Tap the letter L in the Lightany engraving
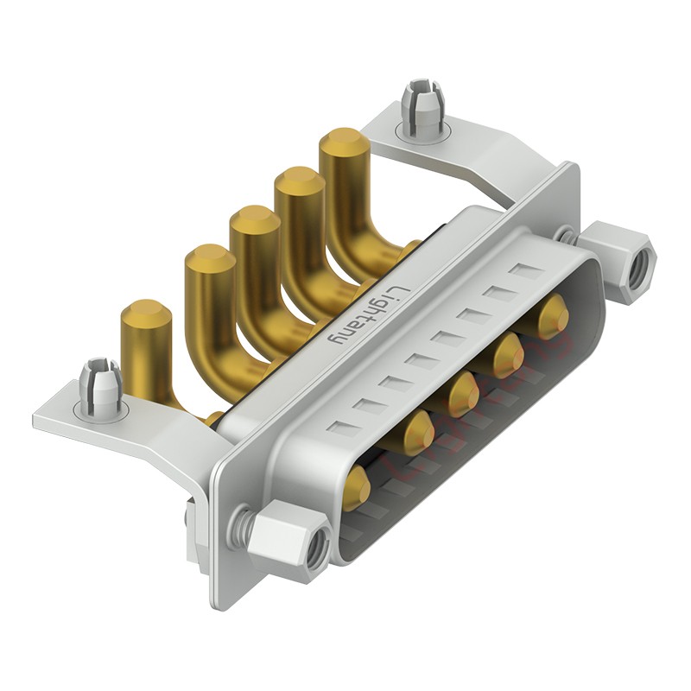(x=396, y=292)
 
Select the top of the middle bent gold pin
(x=254, y=222)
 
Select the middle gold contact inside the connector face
(x=464, y=393)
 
